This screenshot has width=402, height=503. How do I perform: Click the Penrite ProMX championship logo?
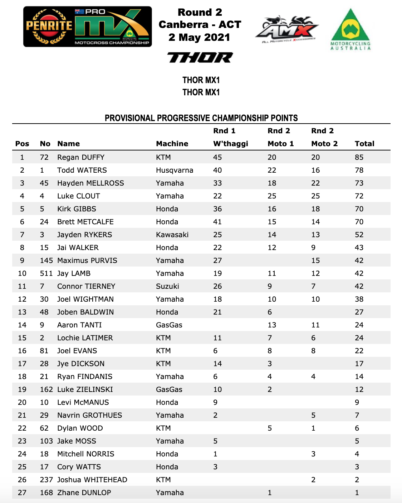click(87, 27)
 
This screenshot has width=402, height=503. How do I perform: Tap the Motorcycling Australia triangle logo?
click(350, 29)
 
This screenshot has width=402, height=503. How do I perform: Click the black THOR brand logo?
click(200, 57)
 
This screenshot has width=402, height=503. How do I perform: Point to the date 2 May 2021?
click(199, 37)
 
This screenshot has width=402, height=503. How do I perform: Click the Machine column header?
click(172, 144)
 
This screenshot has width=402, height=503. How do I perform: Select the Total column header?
click(364, 144)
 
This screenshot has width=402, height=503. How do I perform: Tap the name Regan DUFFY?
click(81, 157)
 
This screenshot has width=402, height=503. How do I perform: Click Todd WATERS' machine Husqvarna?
click(175, 170)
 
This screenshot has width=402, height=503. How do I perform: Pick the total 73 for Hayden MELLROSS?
click(359, 183)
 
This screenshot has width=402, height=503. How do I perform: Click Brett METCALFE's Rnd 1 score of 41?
click(217, 222)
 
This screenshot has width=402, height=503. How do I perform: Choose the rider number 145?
click(46, 260)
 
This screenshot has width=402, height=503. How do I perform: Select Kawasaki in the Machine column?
click(172, 235)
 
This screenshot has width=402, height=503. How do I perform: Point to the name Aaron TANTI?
click(79, 325)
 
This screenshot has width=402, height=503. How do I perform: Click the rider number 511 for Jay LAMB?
click(46, 273)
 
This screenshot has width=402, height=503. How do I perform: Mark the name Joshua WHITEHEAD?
click(92, 480)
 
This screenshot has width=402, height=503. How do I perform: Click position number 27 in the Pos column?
click(22, 493)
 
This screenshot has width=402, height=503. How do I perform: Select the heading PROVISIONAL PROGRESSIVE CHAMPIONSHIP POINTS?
click(201, 118)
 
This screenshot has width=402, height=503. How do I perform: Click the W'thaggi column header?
click(230, 144)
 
